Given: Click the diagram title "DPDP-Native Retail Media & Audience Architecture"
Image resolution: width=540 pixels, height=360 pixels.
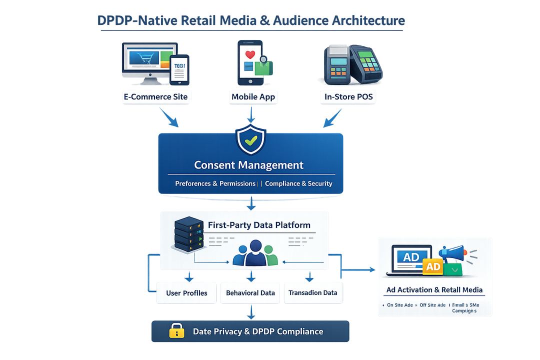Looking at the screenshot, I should [250, 20].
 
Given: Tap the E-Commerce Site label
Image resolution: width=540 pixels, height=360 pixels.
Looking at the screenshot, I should [155, 96].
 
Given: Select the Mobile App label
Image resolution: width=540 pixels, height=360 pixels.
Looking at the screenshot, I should [253, 96].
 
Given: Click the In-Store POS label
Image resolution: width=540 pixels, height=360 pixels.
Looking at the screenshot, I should [348, 96].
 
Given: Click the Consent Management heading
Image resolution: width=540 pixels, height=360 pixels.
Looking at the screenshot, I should [248, 165].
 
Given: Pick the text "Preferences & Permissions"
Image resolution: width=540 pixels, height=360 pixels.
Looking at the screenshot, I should [215, 183].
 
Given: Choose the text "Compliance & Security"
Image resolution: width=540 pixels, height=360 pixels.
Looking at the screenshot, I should [298, 183].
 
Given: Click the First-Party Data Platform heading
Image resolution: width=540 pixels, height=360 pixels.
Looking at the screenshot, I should [259, 225].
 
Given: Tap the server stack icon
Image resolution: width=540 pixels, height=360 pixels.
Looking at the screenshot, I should [189, 234].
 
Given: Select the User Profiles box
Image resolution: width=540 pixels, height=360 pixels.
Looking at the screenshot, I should [186, 293].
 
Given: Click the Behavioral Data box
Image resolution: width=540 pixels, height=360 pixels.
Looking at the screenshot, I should [250, 293].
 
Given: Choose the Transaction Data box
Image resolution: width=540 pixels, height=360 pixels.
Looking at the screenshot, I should [313, 293].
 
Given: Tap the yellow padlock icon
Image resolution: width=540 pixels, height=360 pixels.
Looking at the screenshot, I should [176, 330].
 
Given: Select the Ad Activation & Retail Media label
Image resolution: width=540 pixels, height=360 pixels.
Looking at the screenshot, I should [434, 290].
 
